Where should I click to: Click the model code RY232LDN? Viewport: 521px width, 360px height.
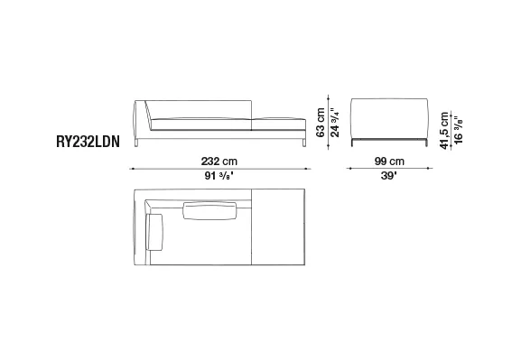[x=88, y=142]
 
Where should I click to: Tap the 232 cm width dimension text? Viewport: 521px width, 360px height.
[x=219, y=162]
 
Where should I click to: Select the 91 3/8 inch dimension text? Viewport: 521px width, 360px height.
[x=219, y=175]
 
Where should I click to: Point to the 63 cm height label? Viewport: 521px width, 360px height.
[x=321, y=122]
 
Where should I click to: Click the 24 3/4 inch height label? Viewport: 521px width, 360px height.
[x=335, y=122]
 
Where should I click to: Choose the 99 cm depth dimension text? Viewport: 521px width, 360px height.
[x=389, y=162]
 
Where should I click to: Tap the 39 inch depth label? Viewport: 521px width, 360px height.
[x=389, y=175]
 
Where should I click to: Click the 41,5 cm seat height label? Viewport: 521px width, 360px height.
[x=444, y=131]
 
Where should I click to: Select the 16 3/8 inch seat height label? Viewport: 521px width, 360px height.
[x=458, y=130]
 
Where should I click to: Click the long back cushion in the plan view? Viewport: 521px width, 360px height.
[x=209, y=210]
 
